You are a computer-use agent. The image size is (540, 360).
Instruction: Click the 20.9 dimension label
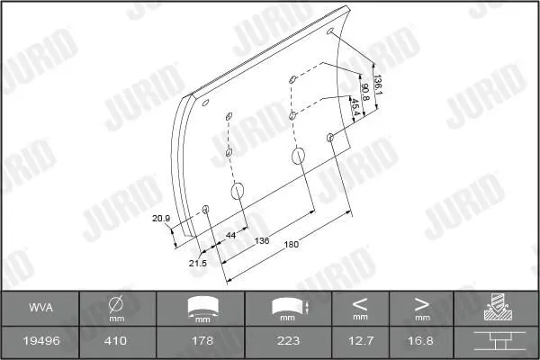click(x=161, y=219)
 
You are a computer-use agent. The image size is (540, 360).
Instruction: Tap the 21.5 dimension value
click(x=198, y=264)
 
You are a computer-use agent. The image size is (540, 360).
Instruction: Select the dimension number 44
click(x=230, y=235)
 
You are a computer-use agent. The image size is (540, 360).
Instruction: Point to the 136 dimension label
click(x=262, y=241)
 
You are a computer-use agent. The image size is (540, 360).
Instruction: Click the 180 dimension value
click(x=291, y=245)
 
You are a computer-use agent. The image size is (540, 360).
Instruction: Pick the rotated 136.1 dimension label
click(x=378, y=85)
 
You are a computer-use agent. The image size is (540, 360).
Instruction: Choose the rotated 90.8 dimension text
click(x=364, y=93)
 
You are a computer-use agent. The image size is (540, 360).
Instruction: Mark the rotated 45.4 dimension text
click(x=355, y=107)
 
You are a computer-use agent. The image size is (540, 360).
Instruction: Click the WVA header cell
click(x=41, y=307)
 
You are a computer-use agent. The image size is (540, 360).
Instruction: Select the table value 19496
click(x=41, y=341)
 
